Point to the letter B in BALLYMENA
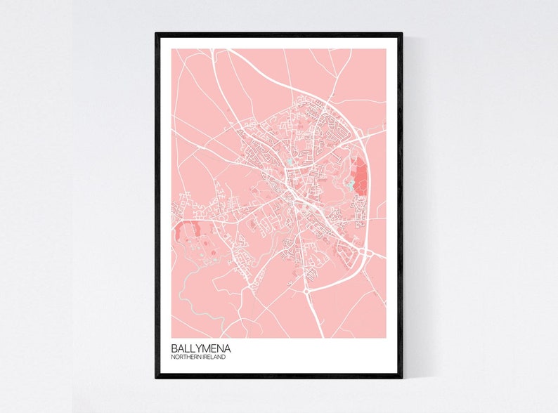(x=174, y=348)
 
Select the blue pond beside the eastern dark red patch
(x=350, y=186)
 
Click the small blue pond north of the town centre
(x=289, y=163)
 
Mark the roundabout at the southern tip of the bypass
(x=306, y=289)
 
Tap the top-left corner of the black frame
(x=157, y=34)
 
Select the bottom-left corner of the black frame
(x=157, y=377)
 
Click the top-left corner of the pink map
(x=171, y=48)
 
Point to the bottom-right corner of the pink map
(x=386, y=338)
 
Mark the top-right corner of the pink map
(x=386, y=48)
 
